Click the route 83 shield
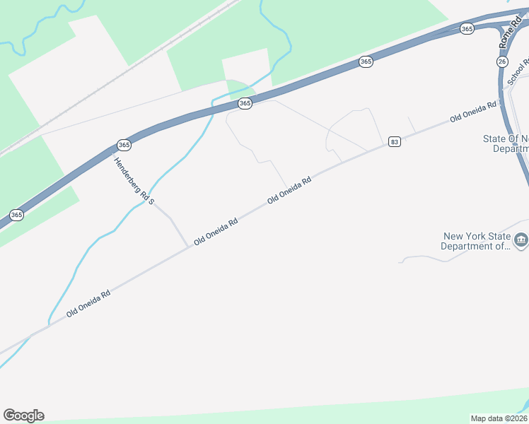pyautogui.click(x=394, y=142)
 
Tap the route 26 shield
pyautogui.click(x=502, y=62)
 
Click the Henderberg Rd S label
pyautogui.click(x=134, y=181)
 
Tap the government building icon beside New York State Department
pyautogui.click(x=521, y=240)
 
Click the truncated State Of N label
pyautogui.click(x=506, y=143)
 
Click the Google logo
pyautogui.click(x=23, y=416)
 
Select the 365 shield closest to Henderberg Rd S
pyautogui.click(x=124, y=145)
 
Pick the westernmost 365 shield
pyautogui.click(x=17, y=215)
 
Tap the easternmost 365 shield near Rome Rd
pyautogui.click(x=466, y=28)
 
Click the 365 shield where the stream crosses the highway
pyautogui.click(x=245, y=103)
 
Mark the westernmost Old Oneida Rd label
pyautogui.click(x=88, y=302)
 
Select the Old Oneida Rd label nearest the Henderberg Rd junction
pyautogui.click(x=216, y=230)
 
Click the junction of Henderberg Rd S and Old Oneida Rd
pyautogui.click(x=189, y=246)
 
